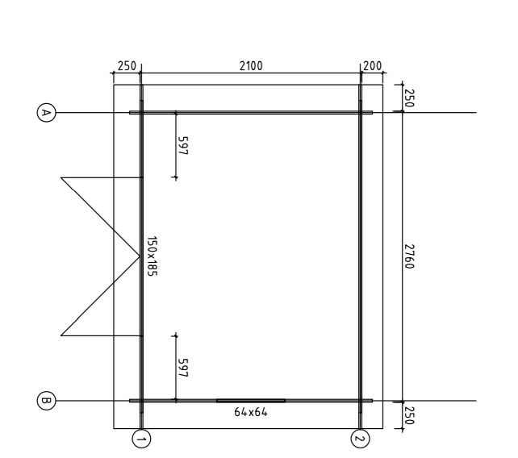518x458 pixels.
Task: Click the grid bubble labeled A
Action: pos(46,113)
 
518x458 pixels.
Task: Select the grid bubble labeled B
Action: pos(46,401)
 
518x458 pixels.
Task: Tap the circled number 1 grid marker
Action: pos(141,439)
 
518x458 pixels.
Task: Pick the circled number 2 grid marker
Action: pos(360,439)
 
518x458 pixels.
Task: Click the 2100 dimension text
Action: pos(251,66)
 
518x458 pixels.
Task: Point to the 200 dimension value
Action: pos(372,66)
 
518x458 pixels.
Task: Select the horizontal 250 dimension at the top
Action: pos(127,66)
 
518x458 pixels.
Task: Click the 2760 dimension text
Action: pos(409,256)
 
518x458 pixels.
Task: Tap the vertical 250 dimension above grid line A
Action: pos(409,98)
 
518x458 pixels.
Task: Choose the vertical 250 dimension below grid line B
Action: pos(409,416)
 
